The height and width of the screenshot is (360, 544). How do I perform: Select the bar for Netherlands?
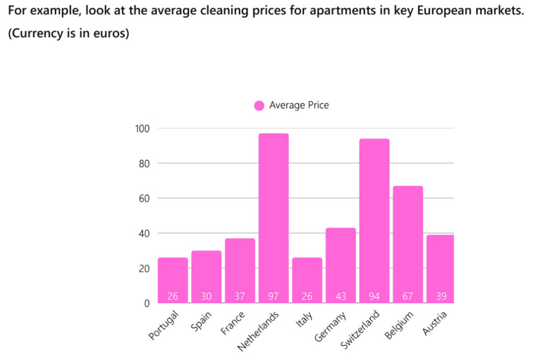pos(273,218)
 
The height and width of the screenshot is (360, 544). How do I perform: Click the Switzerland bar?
pos(374,220)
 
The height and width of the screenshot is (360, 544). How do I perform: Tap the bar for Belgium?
pos(407,244)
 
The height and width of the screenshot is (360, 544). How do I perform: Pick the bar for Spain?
pos(206,276)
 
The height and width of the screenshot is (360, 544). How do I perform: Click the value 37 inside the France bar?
pos(240,296)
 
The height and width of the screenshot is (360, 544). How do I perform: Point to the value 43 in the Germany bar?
pos(341,296)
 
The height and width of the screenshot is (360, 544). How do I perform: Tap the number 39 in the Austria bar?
pos(441,296)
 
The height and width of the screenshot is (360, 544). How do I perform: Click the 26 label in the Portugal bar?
pos(173,296)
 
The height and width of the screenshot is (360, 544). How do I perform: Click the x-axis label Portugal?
pos(164,326)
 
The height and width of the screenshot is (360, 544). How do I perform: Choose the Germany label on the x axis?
pos(330,325)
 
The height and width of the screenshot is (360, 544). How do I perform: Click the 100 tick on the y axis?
pos(143,128)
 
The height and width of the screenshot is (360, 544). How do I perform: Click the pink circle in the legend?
pos(259,106)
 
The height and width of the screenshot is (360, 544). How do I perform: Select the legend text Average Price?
pos(299,105)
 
